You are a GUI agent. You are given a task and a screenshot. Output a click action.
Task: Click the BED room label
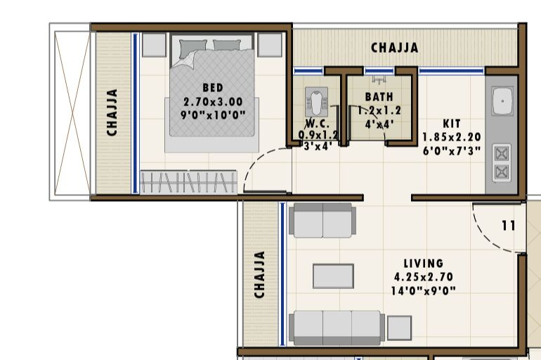[x=213, y=88]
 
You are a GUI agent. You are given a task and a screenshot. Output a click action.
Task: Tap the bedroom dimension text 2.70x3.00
[x=213, y=101]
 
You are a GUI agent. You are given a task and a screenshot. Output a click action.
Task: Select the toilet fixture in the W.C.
[x=314, y=104]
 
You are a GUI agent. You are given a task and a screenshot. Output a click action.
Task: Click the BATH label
[x=379, y=96]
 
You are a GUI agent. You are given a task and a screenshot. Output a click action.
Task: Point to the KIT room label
[x=451, y=123]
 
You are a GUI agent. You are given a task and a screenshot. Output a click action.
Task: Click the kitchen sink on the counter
[x=503, y=103]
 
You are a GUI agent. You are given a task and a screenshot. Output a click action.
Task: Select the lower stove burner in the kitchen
[x=502, y=172]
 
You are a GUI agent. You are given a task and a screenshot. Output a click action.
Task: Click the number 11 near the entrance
[x=509, y=226]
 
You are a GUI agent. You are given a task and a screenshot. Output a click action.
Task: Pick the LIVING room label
[x=423, y=264]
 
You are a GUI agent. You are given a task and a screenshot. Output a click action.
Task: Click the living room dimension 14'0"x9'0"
[x=423, y=290]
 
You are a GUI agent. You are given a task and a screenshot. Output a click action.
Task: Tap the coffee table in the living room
[x=333, y=276]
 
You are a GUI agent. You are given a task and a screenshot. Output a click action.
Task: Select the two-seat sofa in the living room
[x=322, y=221]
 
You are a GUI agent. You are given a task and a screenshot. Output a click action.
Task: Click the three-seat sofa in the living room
[x=337, y=327]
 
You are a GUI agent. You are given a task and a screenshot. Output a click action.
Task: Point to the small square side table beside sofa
[x=399, y=328]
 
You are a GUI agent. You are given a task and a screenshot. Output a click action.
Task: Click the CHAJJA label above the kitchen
[x=394, y=48]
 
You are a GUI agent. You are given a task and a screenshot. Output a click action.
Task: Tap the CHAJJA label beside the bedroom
[x=112, y=111]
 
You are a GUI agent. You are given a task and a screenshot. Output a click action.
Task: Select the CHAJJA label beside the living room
[x=260, y=274]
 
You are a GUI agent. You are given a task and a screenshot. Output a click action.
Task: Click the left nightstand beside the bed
[x=154, y=45]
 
